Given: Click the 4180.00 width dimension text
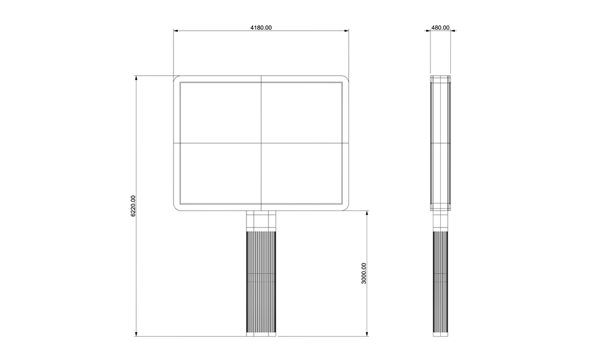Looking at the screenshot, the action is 261,27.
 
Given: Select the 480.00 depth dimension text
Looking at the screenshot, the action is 441,27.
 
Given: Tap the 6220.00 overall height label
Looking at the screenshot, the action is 133,206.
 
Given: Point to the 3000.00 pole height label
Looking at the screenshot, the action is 364,273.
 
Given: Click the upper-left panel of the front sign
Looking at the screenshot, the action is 221,113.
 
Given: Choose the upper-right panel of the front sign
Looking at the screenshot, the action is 302,113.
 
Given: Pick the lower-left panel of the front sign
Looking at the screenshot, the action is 221,174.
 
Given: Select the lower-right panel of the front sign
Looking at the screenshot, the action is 302,174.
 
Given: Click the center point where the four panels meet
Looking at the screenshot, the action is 261,143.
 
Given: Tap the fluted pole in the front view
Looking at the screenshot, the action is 261,282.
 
